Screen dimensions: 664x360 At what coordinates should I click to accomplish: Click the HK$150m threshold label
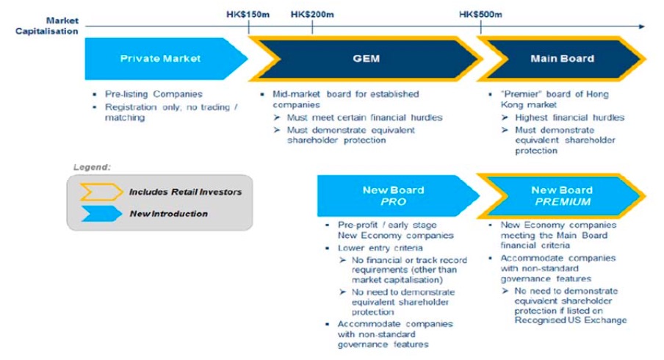pyautogui.click(x=248, y=15)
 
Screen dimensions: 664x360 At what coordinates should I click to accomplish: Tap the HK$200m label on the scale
pyautogui.click(x=312, y=15)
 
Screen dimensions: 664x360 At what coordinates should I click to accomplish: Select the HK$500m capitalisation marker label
pyautogui.click(x=480, y=15)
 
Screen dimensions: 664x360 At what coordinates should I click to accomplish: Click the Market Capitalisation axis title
pyautogui.click(x=47, y=26)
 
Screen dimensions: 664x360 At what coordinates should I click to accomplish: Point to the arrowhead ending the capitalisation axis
pyautogui.click(x=641, y=26)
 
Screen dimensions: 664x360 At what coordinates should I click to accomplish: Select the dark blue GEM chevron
pyautogui.click(x=366, y=59)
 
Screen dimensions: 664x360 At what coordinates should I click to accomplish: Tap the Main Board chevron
pyautogui.click(x=561, y=59)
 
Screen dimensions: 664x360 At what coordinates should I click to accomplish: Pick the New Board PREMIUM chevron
pyautogui.click(x=561, y=195)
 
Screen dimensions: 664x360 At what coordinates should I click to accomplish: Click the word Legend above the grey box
pyautogui.click(x=92, y=167)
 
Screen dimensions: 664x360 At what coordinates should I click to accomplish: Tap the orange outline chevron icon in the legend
pyautogui.click(x=101, y=192)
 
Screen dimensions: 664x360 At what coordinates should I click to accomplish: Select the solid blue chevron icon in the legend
pyautogui.click(x=101, y=214)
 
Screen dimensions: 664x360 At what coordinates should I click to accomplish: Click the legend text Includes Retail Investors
pyautogui.click(x=186, y=192)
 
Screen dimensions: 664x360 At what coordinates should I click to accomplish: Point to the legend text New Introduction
pyautogui.click(x=168, y=214)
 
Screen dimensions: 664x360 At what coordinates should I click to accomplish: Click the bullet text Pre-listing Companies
pyautogui.click(x=154, y=94)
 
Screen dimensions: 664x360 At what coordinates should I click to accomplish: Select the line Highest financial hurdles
pyautogui.click(x=569, y=118)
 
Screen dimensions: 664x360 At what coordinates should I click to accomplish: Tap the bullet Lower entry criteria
pyautogui.click(x=380, y=248)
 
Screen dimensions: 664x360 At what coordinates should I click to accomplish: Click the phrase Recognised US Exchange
pyautogui.click(x=571, y=320)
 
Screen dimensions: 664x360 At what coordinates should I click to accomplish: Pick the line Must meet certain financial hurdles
pyautogui.click(x=364, y=118)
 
